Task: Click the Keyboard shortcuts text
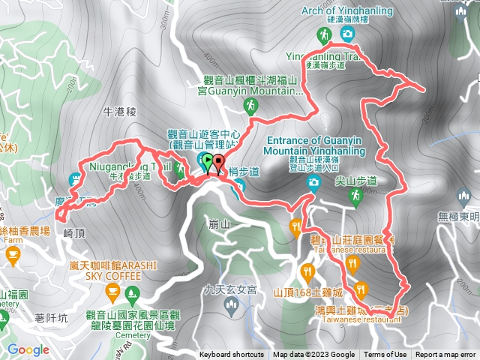click(x=232, y=355)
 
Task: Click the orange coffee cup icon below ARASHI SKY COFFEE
click(x=133, y=291)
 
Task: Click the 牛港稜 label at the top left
click(x=120, y=111)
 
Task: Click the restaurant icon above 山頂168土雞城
click(x=307, y=271)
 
